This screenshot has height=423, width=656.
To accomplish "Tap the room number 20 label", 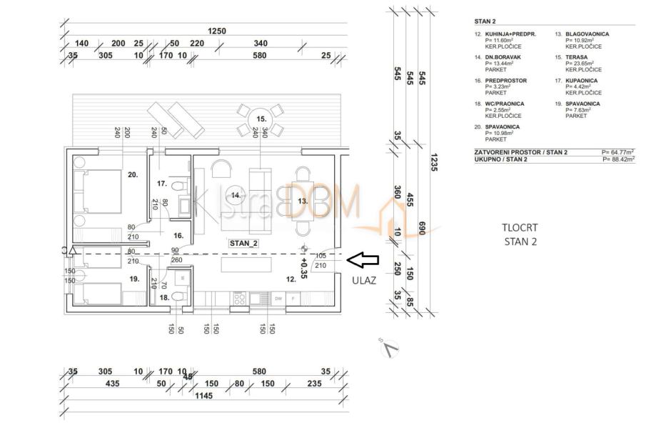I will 133,174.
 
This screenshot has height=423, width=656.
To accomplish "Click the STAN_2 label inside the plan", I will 243,243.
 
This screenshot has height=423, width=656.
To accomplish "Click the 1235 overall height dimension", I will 435,164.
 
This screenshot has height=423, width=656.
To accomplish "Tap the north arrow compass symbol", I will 390,349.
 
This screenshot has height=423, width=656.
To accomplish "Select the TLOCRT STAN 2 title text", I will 520,234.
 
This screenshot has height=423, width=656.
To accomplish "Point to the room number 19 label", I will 133,280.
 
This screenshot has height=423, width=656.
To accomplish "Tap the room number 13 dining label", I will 302,201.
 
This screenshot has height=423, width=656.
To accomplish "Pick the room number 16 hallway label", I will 178,234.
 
